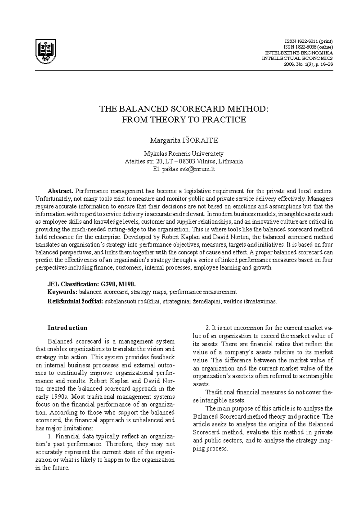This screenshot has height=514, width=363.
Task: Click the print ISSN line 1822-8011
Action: click(x=309, y=41)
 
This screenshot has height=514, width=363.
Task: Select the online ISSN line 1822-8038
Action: click(x=308, y=47)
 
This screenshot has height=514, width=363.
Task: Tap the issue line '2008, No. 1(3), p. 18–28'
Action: click(x=308, y=64)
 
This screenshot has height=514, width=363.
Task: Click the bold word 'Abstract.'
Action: click(x=60, y=191)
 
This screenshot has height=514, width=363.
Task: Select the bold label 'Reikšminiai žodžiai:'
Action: click(x=76, y=301)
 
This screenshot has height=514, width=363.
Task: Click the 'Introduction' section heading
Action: click(x=67, y=328)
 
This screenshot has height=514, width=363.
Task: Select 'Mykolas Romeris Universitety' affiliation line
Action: click(x=184, y=153)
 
